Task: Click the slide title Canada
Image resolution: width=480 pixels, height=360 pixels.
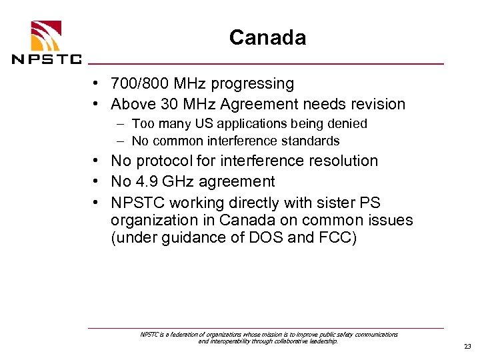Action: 267,37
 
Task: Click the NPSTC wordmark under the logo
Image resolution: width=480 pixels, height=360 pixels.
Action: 46,58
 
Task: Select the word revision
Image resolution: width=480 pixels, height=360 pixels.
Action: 375,105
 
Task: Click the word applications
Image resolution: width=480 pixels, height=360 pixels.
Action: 253,124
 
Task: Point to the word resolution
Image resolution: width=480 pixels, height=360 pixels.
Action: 341,161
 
